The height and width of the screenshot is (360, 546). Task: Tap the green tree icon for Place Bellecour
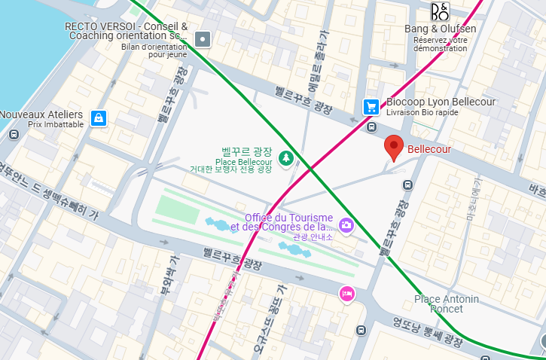[x=285, y=157]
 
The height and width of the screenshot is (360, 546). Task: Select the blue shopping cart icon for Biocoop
[x=371, y=107]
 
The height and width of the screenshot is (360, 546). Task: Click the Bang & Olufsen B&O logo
[x=440, y=12]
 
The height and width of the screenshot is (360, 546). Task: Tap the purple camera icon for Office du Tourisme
[x=346, y=224]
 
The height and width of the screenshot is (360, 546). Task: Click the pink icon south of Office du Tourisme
[x=346, y=293]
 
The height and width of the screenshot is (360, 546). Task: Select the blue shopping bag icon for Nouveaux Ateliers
[x=98, y=118]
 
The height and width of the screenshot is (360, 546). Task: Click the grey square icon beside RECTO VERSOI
[x=203, y=38]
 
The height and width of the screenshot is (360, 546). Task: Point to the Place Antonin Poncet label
[x=446, y=304]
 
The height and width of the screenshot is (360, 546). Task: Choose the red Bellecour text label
[x=429, y=149]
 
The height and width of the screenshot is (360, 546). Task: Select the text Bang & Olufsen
[x=441, y=29]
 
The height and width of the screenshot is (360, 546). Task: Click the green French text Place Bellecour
[x=243, y=162]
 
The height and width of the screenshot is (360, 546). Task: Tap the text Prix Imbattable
[x=56, y=124]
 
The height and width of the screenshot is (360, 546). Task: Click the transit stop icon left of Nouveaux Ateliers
[x=14, y=134]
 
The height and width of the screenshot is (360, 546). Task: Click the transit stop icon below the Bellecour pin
[x=407, y=184]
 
